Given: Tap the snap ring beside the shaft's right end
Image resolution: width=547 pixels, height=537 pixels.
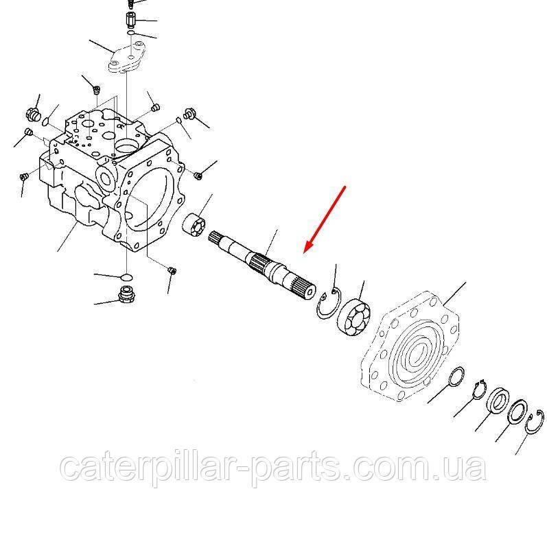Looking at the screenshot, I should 329,303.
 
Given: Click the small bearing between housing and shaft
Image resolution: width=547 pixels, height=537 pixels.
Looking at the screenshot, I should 196,224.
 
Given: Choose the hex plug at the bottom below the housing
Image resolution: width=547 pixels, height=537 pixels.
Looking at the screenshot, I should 125,296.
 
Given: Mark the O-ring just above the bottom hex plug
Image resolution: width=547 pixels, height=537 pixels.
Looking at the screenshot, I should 126,277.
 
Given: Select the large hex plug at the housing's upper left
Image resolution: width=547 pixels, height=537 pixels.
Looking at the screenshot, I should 32,113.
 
